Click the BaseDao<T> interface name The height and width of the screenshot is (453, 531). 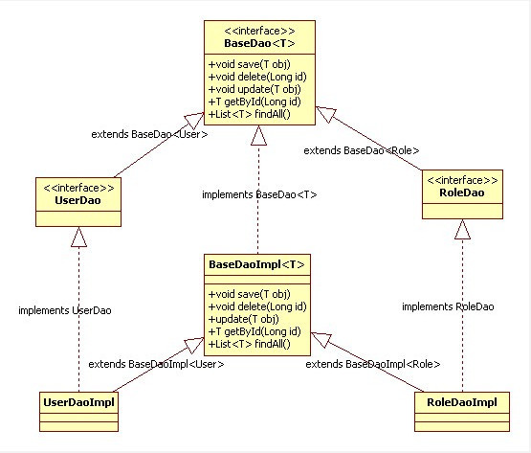pos(259,43)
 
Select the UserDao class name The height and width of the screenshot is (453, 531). pos(77,200)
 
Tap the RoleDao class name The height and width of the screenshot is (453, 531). pos(462,193)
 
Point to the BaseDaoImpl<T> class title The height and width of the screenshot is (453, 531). pos(256,264)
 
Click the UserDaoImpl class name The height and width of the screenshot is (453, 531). pos(78,402)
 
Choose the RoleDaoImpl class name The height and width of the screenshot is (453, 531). pos(462,402)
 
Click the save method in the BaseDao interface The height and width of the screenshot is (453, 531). pos(250,64)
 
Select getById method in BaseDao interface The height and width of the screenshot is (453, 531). pos(254,102)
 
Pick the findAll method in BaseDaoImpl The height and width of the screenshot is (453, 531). pos(250,344)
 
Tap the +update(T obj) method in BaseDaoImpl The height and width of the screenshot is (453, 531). pos(243,319)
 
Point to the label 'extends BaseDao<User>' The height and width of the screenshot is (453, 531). pos(149,134)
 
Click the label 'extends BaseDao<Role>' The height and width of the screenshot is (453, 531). pos(362,150)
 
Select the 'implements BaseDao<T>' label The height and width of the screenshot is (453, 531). pos(259,194)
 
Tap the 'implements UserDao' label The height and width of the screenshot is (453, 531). pos(65,310)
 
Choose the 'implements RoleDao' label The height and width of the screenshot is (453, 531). pos(448,306)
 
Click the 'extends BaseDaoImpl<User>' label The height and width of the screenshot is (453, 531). pos(156,364)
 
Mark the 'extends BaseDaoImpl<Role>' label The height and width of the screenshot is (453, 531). pos(373,364)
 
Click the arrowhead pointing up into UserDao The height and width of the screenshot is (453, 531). pos(78,237)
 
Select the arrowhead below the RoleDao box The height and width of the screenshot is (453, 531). pos(462,229)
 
